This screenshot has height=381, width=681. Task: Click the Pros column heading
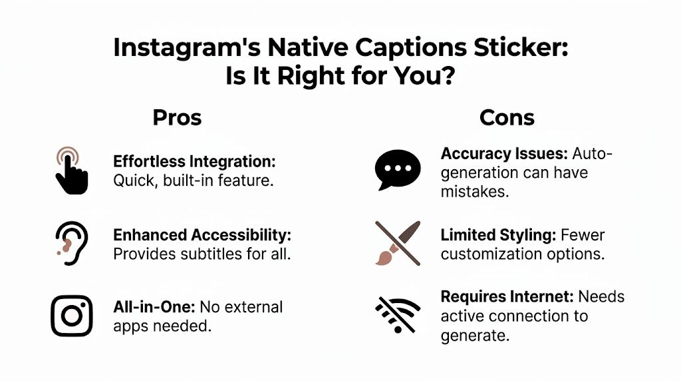point(177,118)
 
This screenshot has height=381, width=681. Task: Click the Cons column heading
point(507,118)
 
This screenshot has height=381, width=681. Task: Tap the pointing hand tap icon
point(70,171)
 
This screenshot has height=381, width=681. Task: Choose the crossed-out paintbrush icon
point(398,243)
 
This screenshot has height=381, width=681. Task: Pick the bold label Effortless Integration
point(194,162)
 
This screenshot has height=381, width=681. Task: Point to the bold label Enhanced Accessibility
point(202,235)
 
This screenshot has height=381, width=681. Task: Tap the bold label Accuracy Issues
point(503,154)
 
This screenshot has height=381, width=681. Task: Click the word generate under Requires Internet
point(474,335)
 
